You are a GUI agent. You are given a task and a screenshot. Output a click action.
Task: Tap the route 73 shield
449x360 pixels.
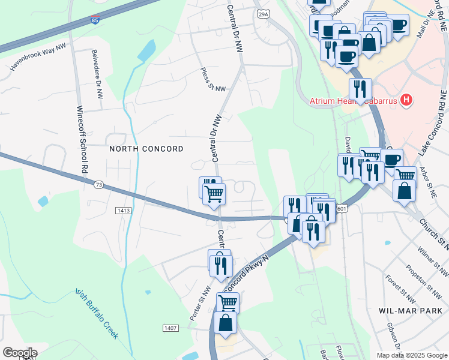coord(97,185)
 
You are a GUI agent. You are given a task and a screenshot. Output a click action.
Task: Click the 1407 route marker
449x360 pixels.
coord(170,328)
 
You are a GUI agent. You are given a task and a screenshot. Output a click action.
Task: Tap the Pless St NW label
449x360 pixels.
coord(213,80)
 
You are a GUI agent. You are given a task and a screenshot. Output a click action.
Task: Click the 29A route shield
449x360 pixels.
coord(262,14)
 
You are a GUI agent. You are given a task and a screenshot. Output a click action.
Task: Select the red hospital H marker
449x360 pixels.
coord(407,99)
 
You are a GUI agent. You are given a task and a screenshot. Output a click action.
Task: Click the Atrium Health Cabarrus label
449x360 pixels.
coord(354,101)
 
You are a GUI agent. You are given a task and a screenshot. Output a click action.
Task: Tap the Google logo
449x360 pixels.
coord(20,353)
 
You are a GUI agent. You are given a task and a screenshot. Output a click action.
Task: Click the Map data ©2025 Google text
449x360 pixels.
coord(411,355)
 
